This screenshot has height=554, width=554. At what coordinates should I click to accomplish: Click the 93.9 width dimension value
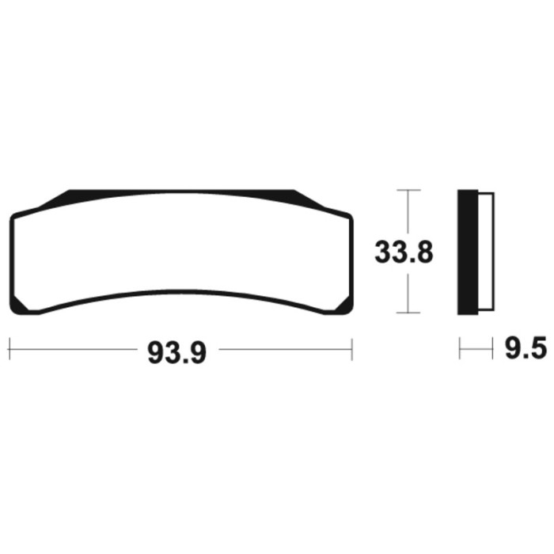176,353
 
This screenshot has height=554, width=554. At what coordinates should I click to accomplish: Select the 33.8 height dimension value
404,252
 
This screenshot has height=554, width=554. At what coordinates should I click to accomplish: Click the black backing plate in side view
468,252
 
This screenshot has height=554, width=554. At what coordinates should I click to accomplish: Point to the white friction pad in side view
487,252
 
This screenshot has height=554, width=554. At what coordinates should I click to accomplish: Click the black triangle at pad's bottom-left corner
17,305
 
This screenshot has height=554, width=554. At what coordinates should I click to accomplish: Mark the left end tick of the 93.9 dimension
9,349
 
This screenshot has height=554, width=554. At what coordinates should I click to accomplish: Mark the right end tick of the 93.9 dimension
352,349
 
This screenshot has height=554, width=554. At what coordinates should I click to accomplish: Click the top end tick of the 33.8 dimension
408,190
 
